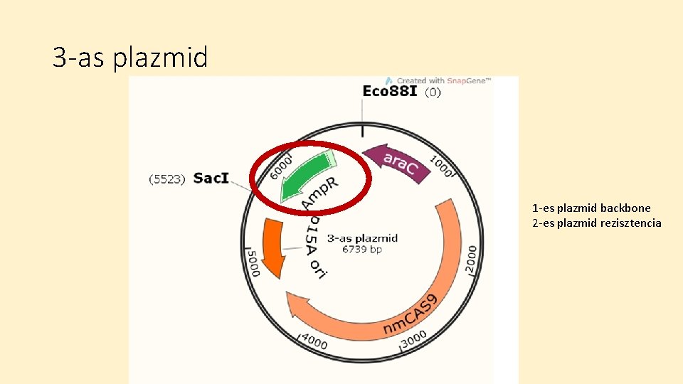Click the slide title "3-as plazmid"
130,58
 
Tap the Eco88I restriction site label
391,92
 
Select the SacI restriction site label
211,178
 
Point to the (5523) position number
166,178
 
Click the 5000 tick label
252,260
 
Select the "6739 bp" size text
362,250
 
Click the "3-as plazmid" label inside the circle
362,238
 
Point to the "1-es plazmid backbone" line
591,208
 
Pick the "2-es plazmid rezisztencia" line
596,223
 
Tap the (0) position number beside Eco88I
433,92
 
